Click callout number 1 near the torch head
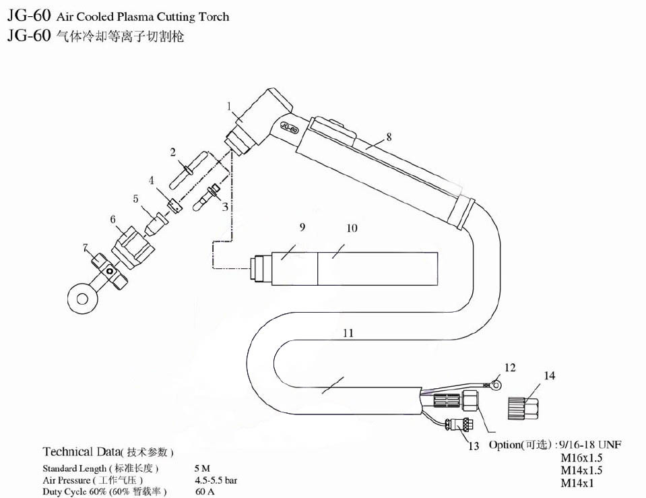[x=229, y=106]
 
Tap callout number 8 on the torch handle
[x=389, y=137]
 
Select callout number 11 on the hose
[x=348, y=333]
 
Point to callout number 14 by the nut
[x=550, y=376]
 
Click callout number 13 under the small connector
[x=474, y=446]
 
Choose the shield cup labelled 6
[x=133, y=247]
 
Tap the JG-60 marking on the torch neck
[x=289, y=126]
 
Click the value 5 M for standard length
[x=202, y=468]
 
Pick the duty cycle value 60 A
[x=205, y=492]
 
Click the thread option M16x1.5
[x=581, y=458]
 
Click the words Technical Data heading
[x=81, y=451]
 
